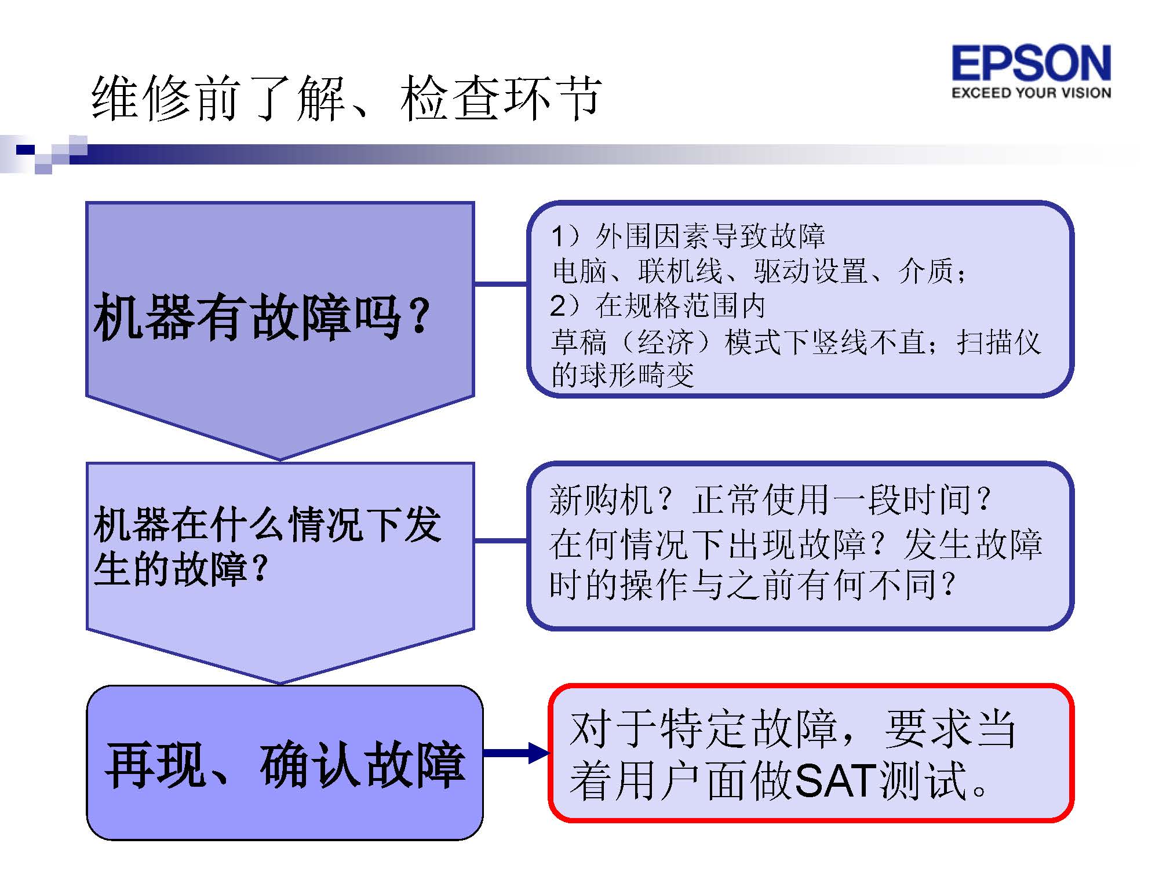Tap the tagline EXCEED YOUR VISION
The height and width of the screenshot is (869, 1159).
click(1032, 93)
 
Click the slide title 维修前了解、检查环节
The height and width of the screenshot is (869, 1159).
click(347, 98)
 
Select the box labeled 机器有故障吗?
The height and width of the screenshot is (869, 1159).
click(280, 330)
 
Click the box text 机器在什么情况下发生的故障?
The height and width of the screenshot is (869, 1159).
click(267, 546)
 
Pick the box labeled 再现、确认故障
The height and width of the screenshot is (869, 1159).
click(285, 762)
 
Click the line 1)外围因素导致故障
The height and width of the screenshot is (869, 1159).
click(688, 236)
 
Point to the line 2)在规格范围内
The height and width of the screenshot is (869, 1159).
click(658, 306)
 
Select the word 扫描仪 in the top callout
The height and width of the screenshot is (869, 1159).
click(998, 342)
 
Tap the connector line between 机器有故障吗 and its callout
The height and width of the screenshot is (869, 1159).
click(501, 284)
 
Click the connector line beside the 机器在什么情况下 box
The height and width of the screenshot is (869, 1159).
click(501, 541)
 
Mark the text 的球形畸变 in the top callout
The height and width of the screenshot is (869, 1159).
click(622, 375)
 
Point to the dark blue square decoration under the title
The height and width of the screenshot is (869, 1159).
click(25, 150)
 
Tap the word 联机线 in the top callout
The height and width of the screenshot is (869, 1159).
click(680, 271)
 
